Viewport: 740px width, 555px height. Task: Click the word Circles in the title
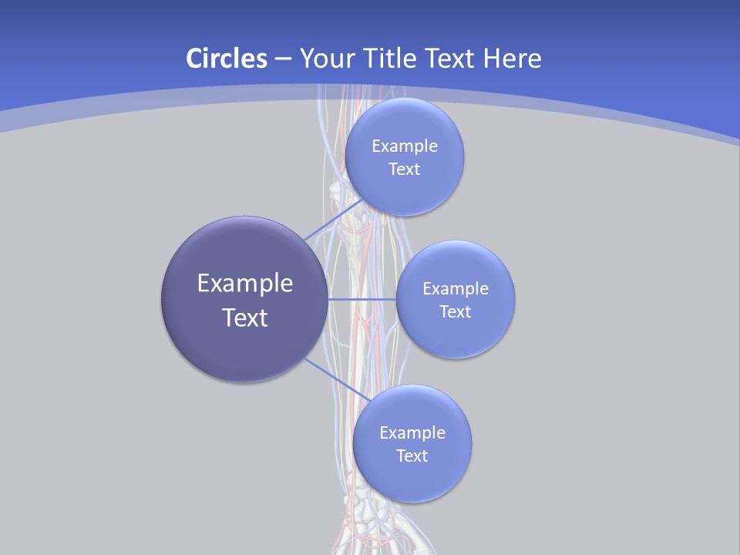[x=226, y=58]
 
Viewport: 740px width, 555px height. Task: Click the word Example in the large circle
[x=245, y=284]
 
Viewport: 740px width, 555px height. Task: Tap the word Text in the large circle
[x=245, y=318]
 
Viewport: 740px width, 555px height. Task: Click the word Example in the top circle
[x=405, y=146]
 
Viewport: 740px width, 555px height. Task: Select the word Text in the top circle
[x=404, y=169]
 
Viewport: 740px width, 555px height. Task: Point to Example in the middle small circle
[x=456, y=288]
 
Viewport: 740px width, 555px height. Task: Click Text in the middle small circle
[x=455, y=311]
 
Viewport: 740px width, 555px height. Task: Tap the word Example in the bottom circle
[x=412, y=432]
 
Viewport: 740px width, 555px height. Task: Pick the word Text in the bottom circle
[x=412, y=456]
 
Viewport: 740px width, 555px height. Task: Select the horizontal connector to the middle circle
[x=362, y=298]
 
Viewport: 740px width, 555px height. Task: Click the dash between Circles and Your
[x=282, y=59]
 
